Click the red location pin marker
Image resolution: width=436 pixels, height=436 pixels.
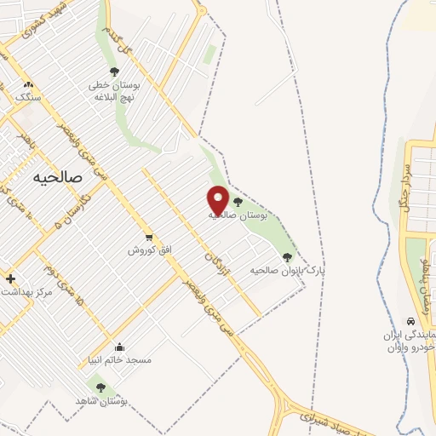pyautogui.click(x=218, y=199)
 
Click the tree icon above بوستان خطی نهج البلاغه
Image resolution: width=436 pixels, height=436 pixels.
pyautogui.click(x=114, y=72)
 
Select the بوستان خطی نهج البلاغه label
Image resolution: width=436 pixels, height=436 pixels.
pyautogui.click(x=119, y=91)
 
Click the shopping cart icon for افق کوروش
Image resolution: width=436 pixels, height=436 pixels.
pyautogui.click(x=149, y=238)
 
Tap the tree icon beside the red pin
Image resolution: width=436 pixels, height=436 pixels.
pyautogui.click(x=237, y=203)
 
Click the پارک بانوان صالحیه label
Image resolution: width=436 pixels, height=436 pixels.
pyautogui.click(x=288, y=269)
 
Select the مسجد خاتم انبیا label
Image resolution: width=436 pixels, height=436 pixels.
pyautogui.click(x=119, y=360)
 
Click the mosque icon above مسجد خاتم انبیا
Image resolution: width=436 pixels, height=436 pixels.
pyautogui.click(x=118, y=347)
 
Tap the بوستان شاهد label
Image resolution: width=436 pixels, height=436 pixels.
pyautogui.click(x=100, y=400)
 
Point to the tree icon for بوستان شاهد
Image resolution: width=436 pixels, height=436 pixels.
pyautogui.click(x=100, y=387)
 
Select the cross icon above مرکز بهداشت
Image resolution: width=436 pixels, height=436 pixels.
pyautogui.click(x=9, y=278)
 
